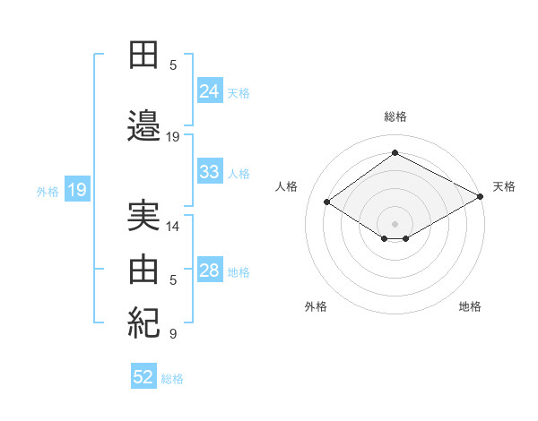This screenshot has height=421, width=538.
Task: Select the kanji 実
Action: pyautogui.click(x=143, y=216)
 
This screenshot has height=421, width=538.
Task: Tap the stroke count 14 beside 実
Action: pyautogui.click(x=173, y=227)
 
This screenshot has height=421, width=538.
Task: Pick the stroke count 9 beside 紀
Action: pyautogui.click(x=173, y=334)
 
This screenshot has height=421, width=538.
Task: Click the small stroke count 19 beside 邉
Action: pyautogui.click(x=173, y=137)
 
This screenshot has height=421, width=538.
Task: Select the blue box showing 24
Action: pyautogui.click(x=210, y=90)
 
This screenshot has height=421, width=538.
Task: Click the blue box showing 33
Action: pyautogui.click(x=210, y=172)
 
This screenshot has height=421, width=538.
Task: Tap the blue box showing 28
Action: pyautogui.click(x=210, y=271)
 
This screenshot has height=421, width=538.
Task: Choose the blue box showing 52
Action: pyautogui.click(x=143, y=377)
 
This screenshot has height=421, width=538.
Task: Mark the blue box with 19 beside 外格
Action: pyautogui.click(x=76, y=190)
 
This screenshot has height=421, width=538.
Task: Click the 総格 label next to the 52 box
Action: pyautogui.click(x=172, y=379)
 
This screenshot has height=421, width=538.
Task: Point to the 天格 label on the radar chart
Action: pyautogui.click(x=504, y=186)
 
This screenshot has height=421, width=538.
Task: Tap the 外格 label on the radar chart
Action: pyautogui.click(x=316, y=306)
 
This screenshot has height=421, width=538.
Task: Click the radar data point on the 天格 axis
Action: pyautogui.click(x=481, y=197)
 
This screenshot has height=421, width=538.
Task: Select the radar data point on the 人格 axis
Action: pyautogui.click(x=327, y=202)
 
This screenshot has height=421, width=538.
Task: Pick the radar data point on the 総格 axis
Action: pyautogui.click(x=395, y=153)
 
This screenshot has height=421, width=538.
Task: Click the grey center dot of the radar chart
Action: pyautogui.click(x=395, y=222)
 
